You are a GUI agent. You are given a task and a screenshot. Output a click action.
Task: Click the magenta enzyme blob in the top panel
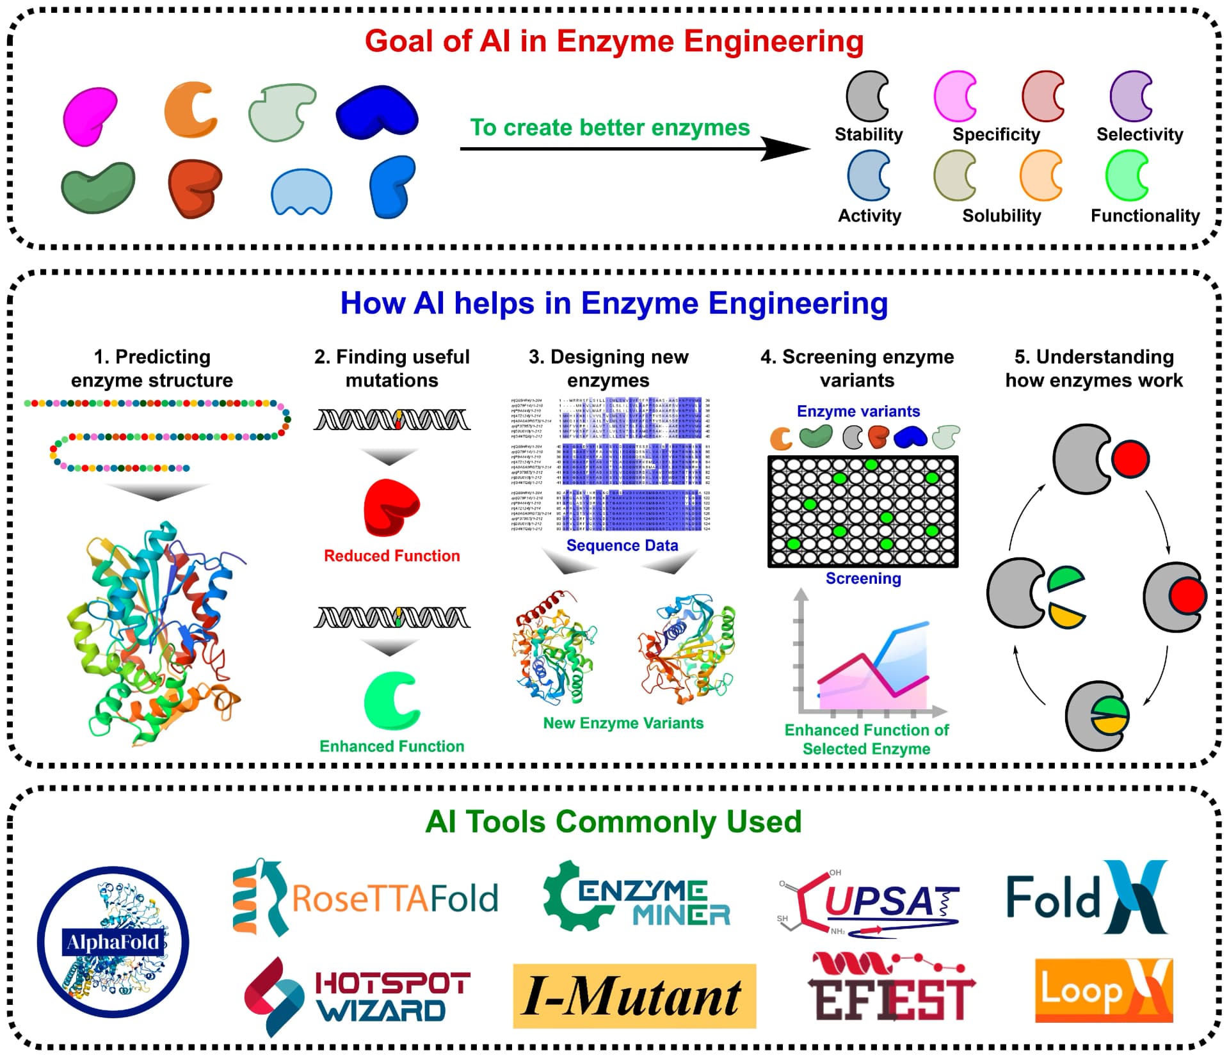89,116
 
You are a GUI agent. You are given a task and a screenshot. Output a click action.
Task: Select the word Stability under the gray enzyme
868,134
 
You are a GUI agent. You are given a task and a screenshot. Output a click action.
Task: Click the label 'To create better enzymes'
609,127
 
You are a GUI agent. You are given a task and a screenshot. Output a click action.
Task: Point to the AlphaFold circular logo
113,942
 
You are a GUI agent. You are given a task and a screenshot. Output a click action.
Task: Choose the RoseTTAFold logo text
395,898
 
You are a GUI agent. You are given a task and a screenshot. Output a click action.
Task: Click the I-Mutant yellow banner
634,996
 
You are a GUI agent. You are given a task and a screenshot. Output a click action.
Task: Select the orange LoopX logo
1103,990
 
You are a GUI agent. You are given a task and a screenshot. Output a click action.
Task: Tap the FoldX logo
1086,897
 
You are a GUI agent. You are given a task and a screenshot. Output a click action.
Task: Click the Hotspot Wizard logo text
392,997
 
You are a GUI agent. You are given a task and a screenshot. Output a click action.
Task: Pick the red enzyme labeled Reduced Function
390,507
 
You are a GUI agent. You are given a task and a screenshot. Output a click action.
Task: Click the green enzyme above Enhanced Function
390,700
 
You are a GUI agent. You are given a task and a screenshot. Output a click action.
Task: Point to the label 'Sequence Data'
622,545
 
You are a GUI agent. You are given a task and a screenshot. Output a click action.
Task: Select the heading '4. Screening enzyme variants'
856,368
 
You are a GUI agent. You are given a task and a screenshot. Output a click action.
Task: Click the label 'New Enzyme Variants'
623,723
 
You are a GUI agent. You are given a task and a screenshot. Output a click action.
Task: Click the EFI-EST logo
890,988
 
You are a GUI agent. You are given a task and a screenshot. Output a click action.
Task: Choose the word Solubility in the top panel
1001,216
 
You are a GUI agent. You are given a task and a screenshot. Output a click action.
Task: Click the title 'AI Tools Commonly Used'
613,821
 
